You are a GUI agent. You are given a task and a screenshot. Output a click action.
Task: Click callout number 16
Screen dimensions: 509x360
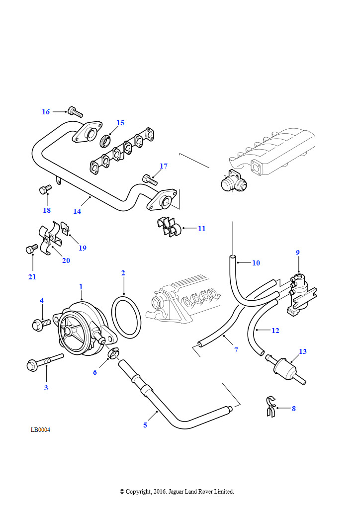pos(46,112)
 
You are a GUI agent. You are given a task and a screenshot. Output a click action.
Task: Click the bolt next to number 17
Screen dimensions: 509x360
pos(149,178)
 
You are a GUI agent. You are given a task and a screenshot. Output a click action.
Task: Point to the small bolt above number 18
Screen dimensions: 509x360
pos(45,189)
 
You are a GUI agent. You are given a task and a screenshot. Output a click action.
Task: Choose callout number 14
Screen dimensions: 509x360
pos(77,211)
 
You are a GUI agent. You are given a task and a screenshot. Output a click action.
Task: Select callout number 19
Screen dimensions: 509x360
pos(83,248)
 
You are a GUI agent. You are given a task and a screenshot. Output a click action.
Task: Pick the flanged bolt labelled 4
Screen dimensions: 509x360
pos(40,325)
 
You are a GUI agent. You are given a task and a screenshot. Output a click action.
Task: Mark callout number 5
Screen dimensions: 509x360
pos(145,425)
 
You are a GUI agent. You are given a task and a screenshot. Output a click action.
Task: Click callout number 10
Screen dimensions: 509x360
pos(256,263)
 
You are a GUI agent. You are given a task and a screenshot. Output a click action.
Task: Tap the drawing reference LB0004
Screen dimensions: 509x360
pos(40,430)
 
